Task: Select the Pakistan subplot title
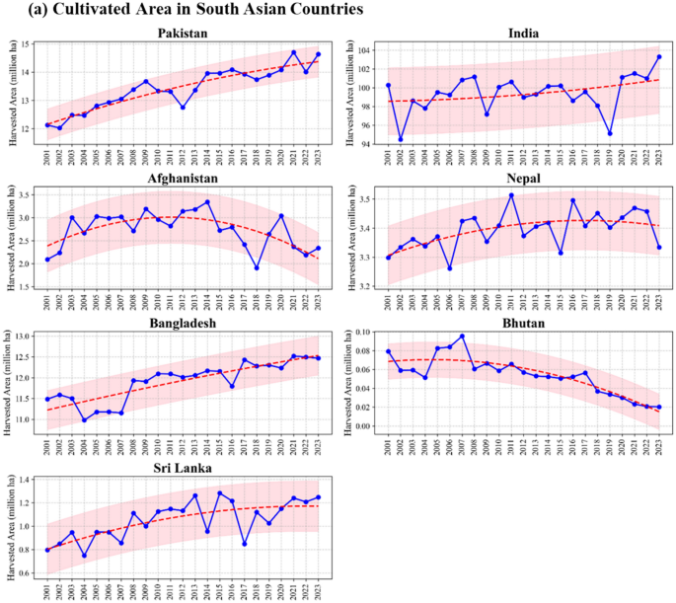pos(183,34)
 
